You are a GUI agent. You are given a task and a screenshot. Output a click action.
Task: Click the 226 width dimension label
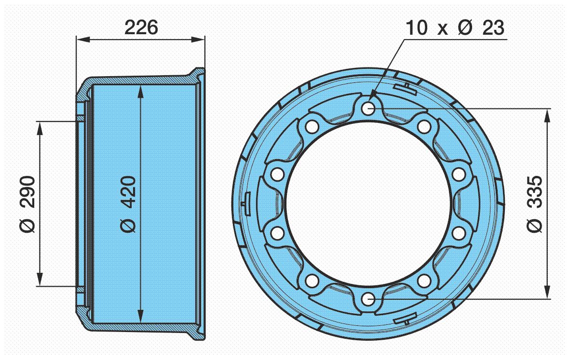pos(141,27)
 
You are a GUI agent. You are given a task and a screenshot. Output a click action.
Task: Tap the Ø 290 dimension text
pos(27,204)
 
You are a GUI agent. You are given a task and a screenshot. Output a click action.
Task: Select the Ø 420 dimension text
pos(128,204)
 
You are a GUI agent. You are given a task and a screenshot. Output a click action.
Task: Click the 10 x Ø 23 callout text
pos(455,27)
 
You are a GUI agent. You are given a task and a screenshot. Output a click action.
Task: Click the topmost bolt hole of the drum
pos(368,108)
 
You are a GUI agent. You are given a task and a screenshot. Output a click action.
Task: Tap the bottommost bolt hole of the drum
pos(368,300)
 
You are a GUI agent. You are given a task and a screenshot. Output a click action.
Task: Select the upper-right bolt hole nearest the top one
pos(424,126)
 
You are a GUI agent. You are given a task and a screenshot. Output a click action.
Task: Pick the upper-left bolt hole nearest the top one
pos(312,126)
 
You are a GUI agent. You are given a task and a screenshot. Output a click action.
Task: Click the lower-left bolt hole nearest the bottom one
pos(312,281)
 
